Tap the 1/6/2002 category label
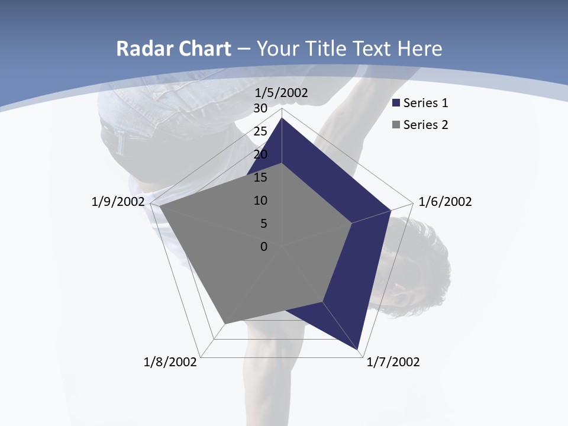[x=445, y=202]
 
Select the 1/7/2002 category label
[x=393, y=362]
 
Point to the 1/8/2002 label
[x=170, y=362]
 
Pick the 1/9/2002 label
[x=118, y=202]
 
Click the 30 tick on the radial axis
[x=260, y=108]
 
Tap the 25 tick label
[x=260, y=131]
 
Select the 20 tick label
[x=260, y=154]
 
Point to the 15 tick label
[x=260, y=177]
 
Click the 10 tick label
[x=260, y=201]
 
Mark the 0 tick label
[x=264, y=247]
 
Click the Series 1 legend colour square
[x=396, y=104]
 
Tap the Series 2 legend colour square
[x=396, y=125]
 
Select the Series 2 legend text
[x=425, y=125]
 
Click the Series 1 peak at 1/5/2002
[x=282, y=118]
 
